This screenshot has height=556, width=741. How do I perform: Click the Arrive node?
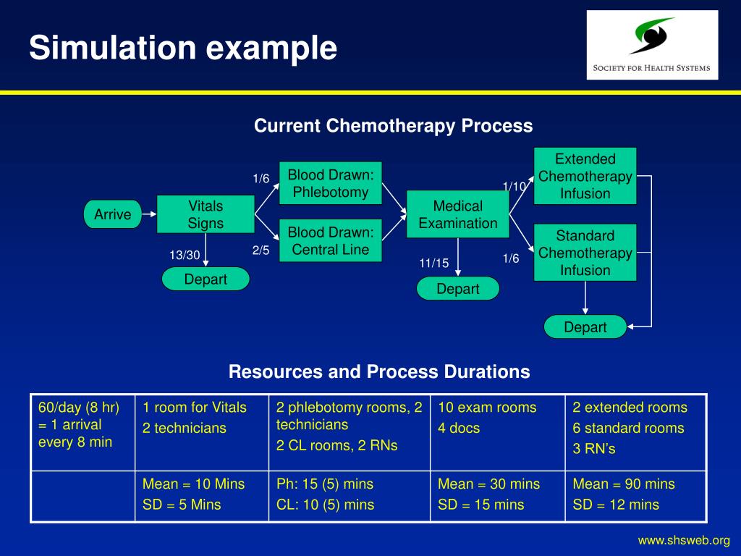[112, 214]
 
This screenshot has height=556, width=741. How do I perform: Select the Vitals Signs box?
[206, 214]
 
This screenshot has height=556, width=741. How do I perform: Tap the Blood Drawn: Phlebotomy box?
[330, 183]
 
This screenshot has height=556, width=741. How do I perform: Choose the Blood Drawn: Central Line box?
[330, 240]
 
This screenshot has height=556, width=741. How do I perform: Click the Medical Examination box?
[457, 214]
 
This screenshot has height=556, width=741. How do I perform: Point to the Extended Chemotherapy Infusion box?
[585, 176]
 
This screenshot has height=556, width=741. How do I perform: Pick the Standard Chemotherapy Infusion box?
[585, 253]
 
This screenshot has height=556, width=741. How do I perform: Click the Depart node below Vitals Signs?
[206, 279]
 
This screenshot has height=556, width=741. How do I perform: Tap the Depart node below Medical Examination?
[457, 289]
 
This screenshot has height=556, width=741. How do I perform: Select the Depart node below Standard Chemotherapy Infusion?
[585, 327]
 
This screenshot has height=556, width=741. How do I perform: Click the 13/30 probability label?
[185, 255]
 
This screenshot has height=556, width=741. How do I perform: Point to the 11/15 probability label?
[434, 264]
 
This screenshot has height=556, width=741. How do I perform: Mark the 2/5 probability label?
[261, 250]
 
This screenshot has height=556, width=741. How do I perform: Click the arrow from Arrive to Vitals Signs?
[149, 214]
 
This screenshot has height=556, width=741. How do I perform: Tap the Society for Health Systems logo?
[652, 45]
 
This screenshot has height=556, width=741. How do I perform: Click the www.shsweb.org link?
[683, 540]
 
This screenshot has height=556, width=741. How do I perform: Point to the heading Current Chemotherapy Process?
[393, 126]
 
